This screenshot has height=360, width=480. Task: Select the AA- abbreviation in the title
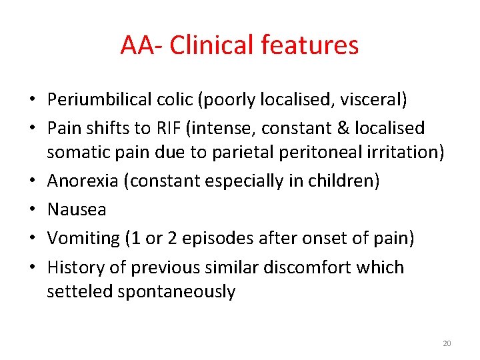pyautogui.click(x=142, y=45)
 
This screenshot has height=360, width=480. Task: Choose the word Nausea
pyautogui.click(x=76, y=210)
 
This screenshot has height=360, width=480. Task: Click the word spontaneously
pyautogui.click(x=177, y=292)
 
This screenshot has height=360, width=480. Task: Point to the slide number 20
pyautogui.click(x=447, y=343)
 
